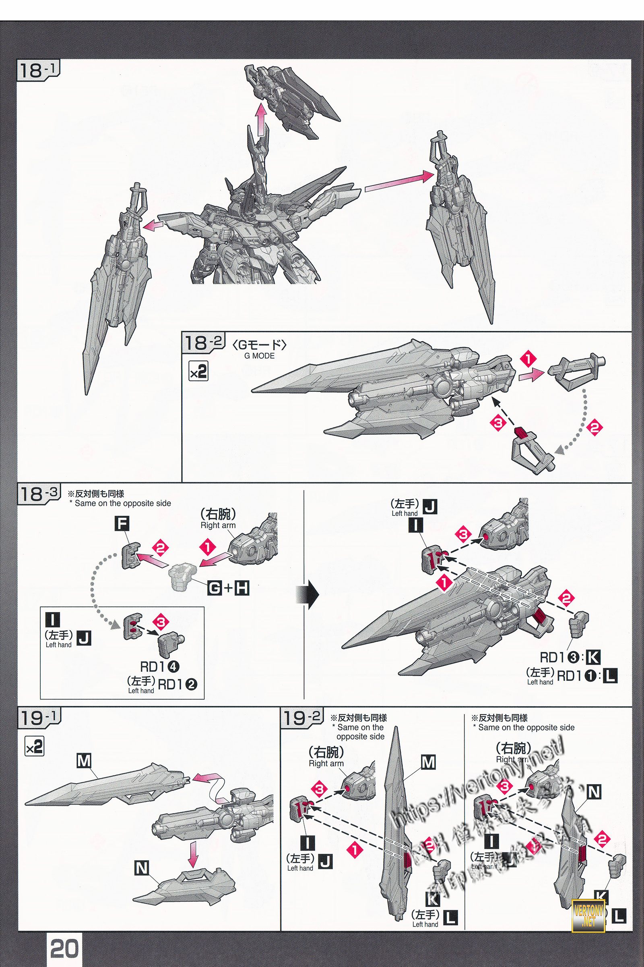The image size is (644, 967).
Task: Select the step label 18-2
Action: (203, 343)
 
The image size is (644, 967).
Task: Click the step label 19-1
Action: (39, 718)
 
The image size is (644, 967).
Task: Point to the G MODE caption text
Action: (259, 356)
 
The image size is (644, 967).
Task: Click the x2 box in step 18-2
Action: (198, 371)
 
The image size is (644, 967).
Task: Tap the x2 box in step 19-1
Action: (35, 747)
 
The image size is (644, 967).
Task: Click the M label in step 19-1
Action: (84, 761)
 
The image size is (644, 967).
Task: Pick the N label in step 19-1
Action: (141, 868)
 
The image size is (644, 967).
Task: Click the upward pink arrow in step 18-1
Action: (260, 119)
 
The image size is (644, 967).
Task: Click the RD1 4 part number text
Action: (159, 666)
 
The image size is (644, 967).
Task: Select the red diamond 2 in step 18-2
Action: (595, 427)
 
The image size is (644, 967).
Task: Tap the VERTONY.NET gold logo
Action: (588, 915)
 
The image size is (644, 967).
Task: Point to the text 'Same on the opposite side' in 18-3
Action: (122, 503)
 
